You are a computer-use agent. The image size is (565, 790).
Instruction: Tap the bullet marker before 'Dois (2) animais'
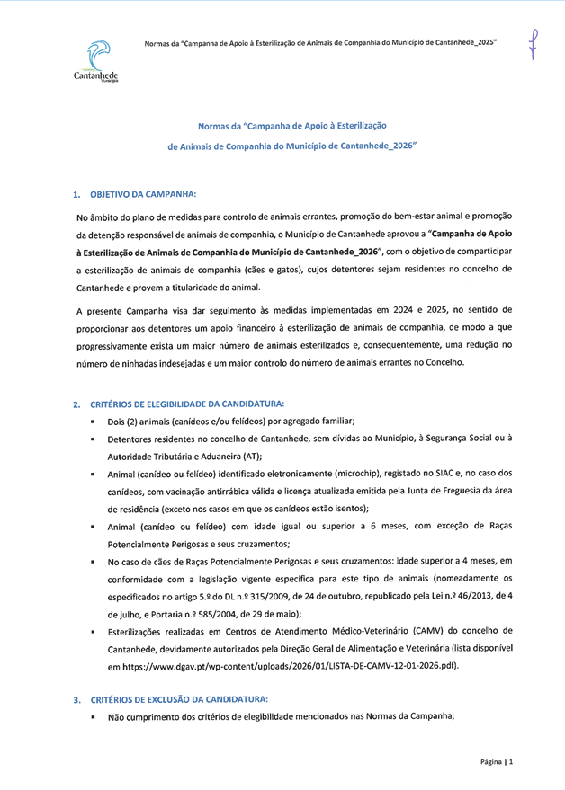(93, 422)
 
